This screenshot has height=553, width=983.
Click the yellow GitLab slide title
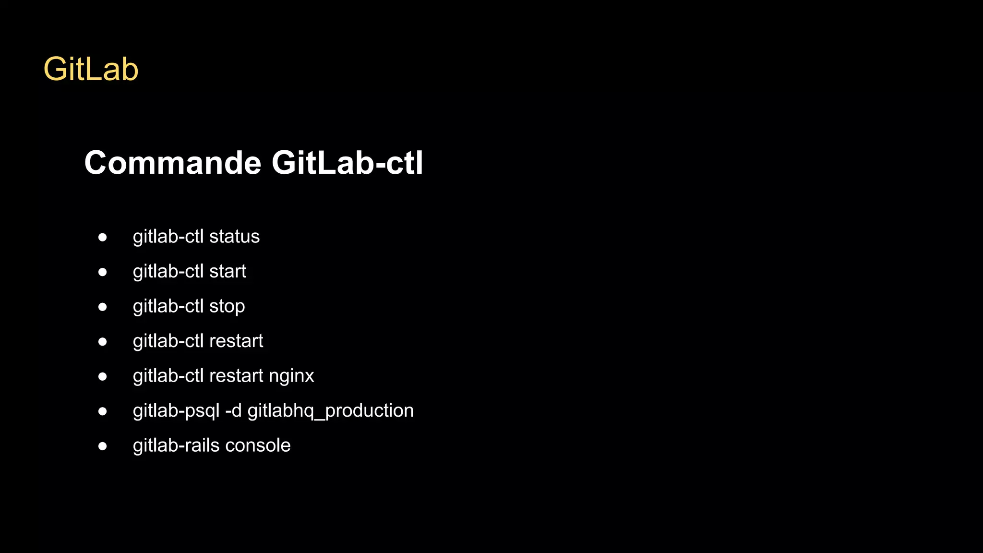[x=91, y=69]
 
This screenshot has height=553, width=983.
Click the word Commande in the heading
[x=172, y=163]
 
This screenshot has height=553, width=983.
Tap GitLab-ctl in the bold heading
[x=347, y=163]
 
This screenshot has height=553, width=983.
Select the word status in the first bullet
[x=234, y=237]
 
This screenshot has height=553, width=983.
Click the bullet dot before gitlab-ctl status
[x=102, y=237]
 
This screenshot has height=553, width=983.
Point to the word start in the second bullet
[x=228, y=272]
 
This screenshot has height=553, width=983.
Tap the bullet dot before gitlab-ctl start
[x=102, y=272]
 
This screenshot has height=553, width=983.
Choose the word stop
[x=227, y=307]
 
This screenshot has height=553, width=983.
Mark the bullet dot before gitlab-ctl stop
[x=102, y=307]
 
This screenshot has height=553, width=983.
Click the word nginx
[x=291, y=376]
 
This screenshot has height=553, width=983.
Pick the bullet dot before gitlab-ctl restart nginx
[x=102, y=376]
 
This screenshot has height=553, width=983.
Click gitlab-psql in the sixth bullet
[x=176, y=411]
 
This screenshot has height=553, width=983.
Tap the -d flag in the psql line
[x=233, y=411]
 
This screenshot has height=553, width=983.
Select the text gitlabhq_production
[x=330, y=411]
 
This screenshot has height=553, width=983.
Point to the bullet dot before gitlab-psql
[x=102, y=411]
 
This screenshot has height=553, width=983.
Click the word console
[x=258, y=445]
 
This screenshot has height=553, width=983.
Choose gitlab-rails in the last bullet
[x=176, y=445]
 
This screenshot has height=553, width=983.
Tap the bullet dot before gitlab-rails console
[x=102, y=446]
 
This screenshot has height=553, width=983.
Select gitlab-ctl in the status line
[x=168, y=237]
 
